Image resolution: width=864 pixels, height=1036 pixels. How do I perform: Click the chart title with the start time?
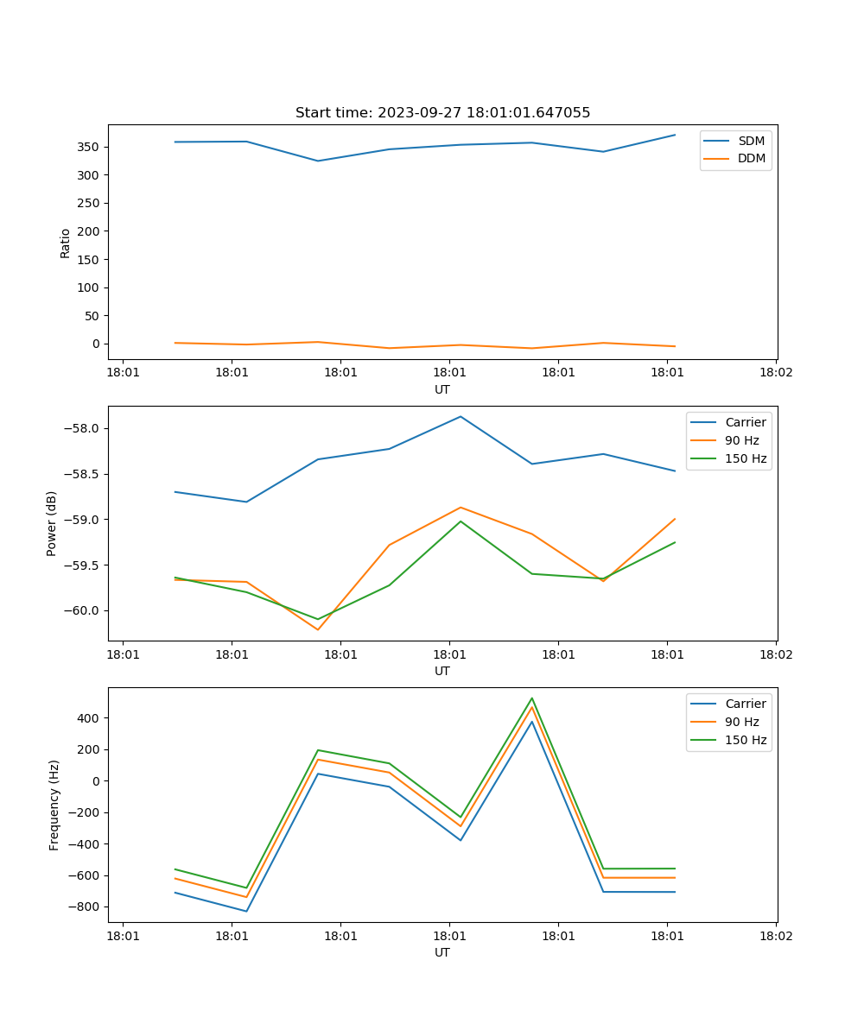click(x=442, y=113)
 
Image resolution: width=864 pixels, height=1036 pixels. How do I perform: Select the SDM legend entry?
click(x=751, y=141)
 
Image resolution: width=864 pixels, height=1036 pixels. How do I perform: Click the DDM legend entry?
click(x=751, y=158)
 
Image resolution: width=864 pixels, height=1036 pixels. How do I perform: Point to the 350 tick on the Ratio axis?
click(x=89, y=147)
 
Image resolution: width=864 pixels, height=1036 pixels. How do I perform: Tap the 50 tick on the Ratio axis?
click(x=92, y=316)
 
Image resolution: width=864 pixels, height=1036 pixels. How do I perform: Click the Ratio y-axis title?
click(x=66, y=243)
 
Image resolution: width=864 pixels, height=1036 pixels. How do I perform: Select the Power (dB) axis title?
click(x=52, y=523)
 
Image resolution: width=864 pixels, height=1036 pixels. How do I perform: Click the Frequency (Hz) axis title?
click(x=54, y=805)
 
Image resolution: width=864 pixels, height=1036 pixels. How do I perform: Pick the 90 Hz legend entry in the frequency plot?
click(x=741, y=722)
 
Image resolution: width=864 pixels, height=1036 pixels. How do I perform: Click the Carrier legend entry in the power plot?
click(x=745, y=422)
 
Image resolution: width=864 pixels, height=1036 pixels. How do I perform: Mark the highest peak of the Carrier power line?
click(x=461, y=416)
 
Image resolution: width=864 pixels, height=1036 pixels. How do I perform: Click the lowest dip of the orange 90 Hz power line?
click(x=318, y=629)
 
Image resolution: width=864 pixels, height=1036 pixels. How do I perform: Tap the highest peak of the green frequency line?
click(x=532, y=698)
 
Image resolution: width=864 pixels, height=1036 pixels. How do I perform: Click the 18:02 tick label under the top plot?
click(x=775, y=373)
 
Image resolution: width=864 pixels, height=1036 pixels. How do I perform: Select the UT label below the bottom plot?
click(x=442, y=952)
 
